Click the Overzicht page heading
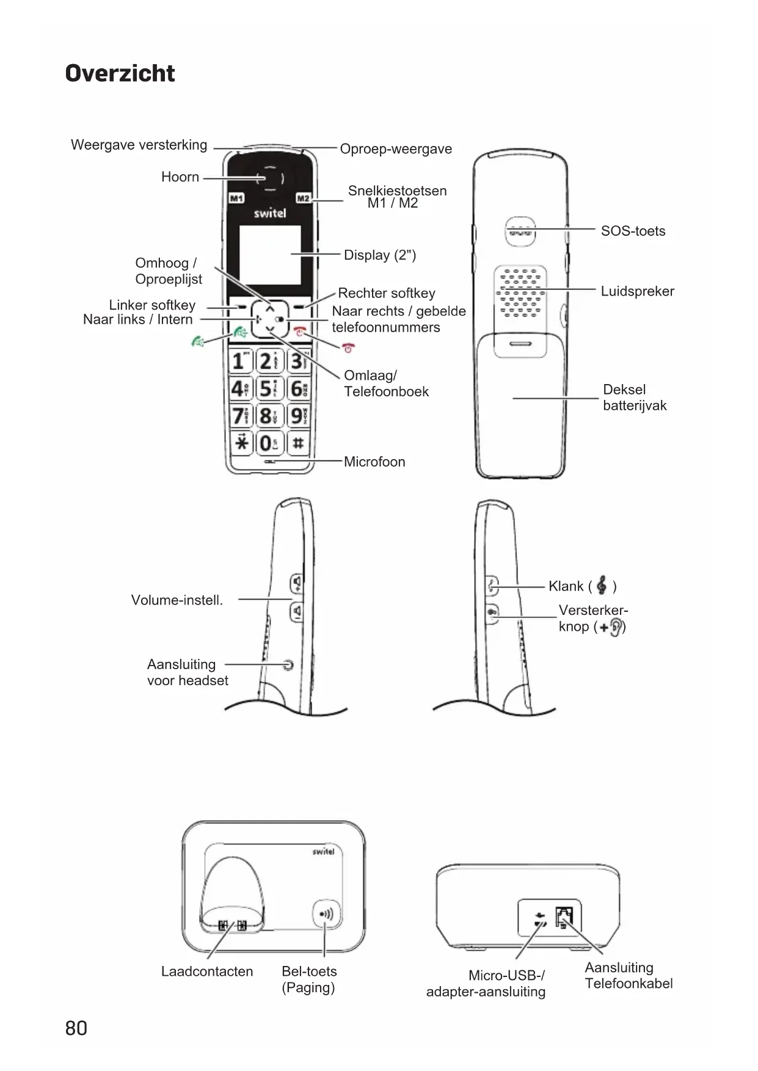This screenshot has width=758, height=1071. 120,73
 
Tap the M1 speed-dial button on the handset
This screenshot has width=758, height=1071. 236,198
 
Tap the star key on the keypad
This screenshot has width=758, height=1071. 242,442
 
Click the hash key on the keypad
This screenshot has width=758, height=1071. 297,442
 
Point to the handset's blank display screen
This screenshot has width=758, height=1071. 269,254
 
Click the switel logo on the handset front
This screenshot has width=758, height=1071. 269,213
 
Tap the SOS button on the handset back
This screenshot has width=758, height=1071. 519,231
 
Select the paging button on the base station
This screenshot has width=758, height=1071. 327,914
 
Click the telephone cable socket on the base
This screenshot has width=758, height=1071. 564,917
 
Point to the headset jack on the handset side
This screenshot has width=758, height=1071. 288,664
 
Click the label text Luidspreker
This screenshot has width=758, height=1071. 637,291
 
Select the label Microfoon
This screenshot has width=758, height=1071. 374,462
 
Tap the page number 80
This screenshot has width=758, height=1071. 76,1028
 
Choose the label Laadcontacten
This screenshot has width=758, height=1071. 206,971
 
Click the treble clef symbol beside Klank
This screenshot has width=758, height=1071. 602,586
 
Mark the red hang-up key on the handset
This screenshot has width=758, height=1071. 299,332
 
